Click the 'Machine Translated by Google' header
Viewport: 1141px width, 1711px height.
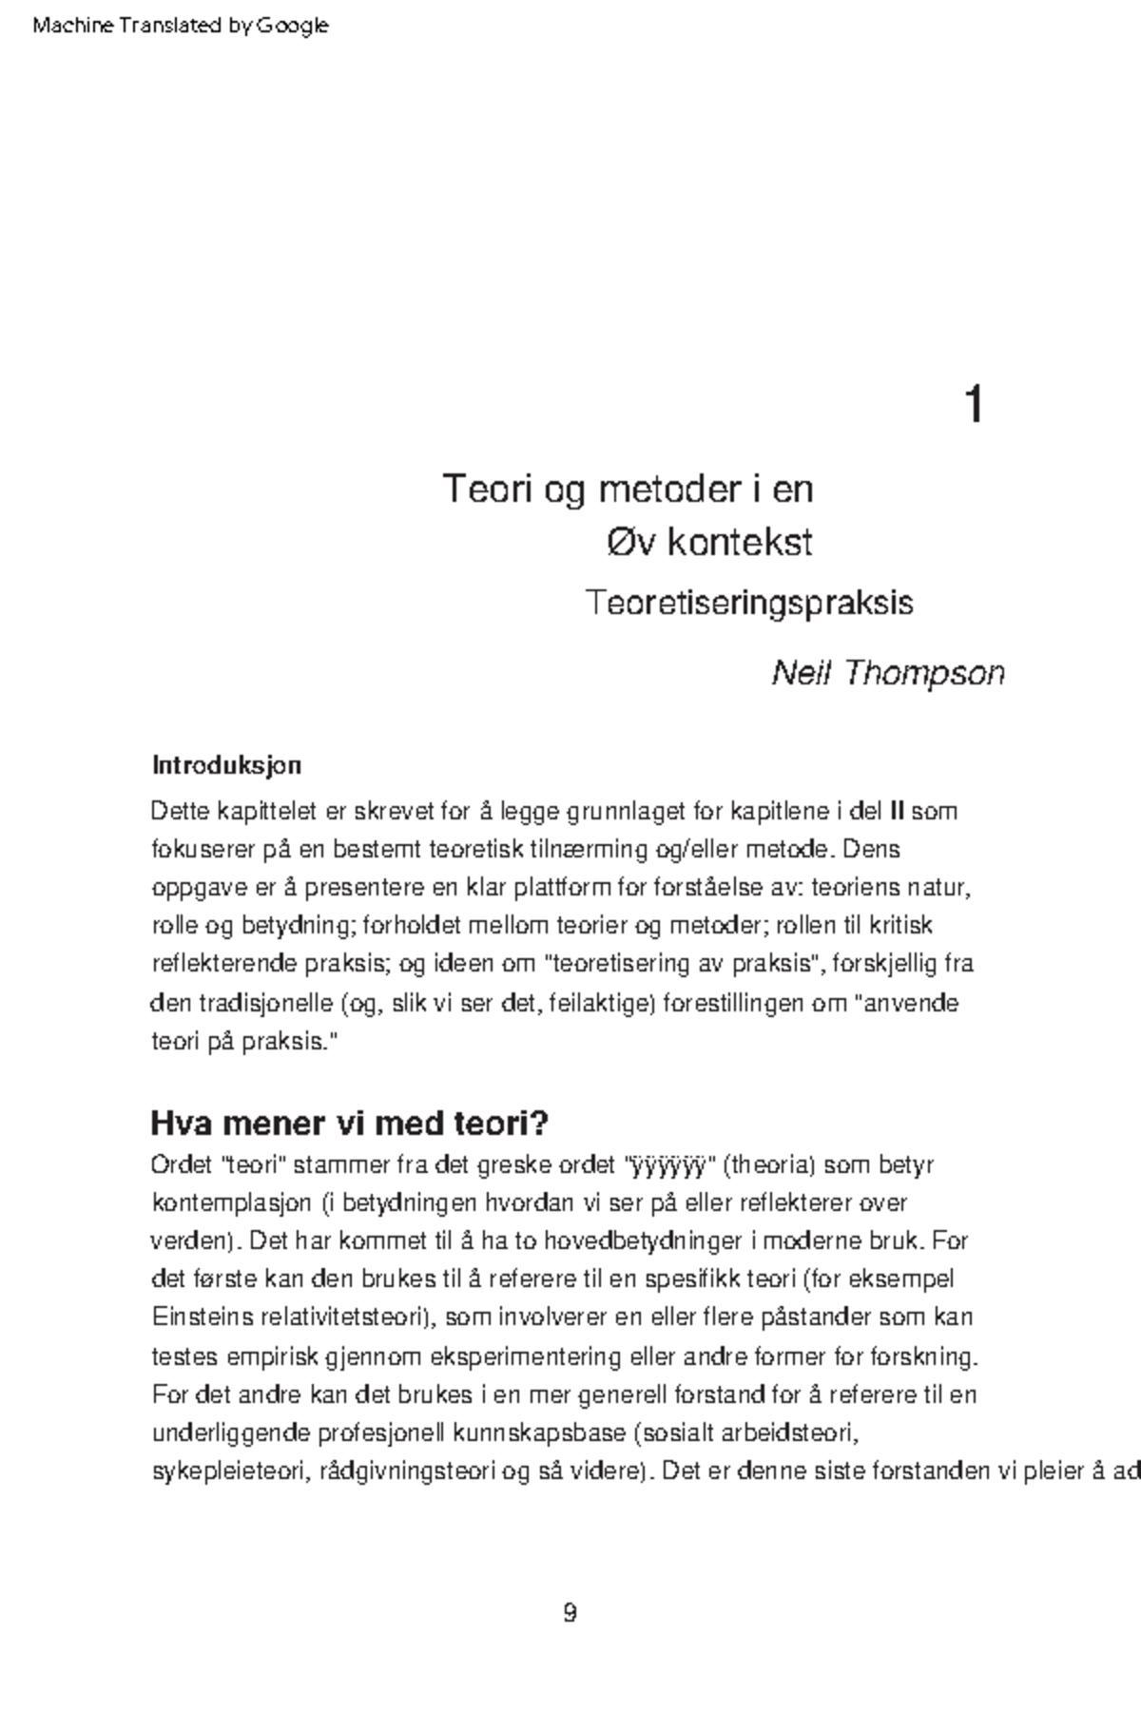pyautogui.click(x=180, y=26)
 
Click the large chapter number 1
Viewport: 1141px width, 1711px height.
pyautogui.click(x=973, y=404)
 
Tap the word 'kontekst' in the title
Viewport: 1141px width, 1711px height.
pyautogui.click(x=739, y=543)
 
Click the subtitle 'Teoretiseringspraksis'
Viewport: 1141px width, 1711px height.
pyautogui.click(x=749, y=603)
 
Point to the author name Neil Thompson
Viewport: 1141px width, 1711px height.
pyautogui.click(x=888, y=673)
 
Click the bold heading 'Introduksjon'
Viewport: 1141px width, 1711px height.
pyautogui.click(x=226, y=765)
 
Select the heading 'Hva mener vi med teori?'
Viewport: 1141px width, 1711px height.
pyautogui.click(x=349, y=1124)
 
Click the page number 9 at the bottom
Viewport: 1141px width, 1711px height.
pyautogui.click(x=570, y=1613)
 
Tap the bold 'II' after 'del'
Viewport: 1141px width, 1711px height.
pyautogui.click(x=896, y=812)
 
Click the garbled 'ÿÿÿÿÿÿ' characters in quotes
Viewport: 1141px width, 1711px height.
pyautogui.click(x=667, y=1164)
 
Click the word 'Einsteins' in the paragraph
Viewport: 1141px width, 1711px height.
pyautogui.click(x=203, y=1317)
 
